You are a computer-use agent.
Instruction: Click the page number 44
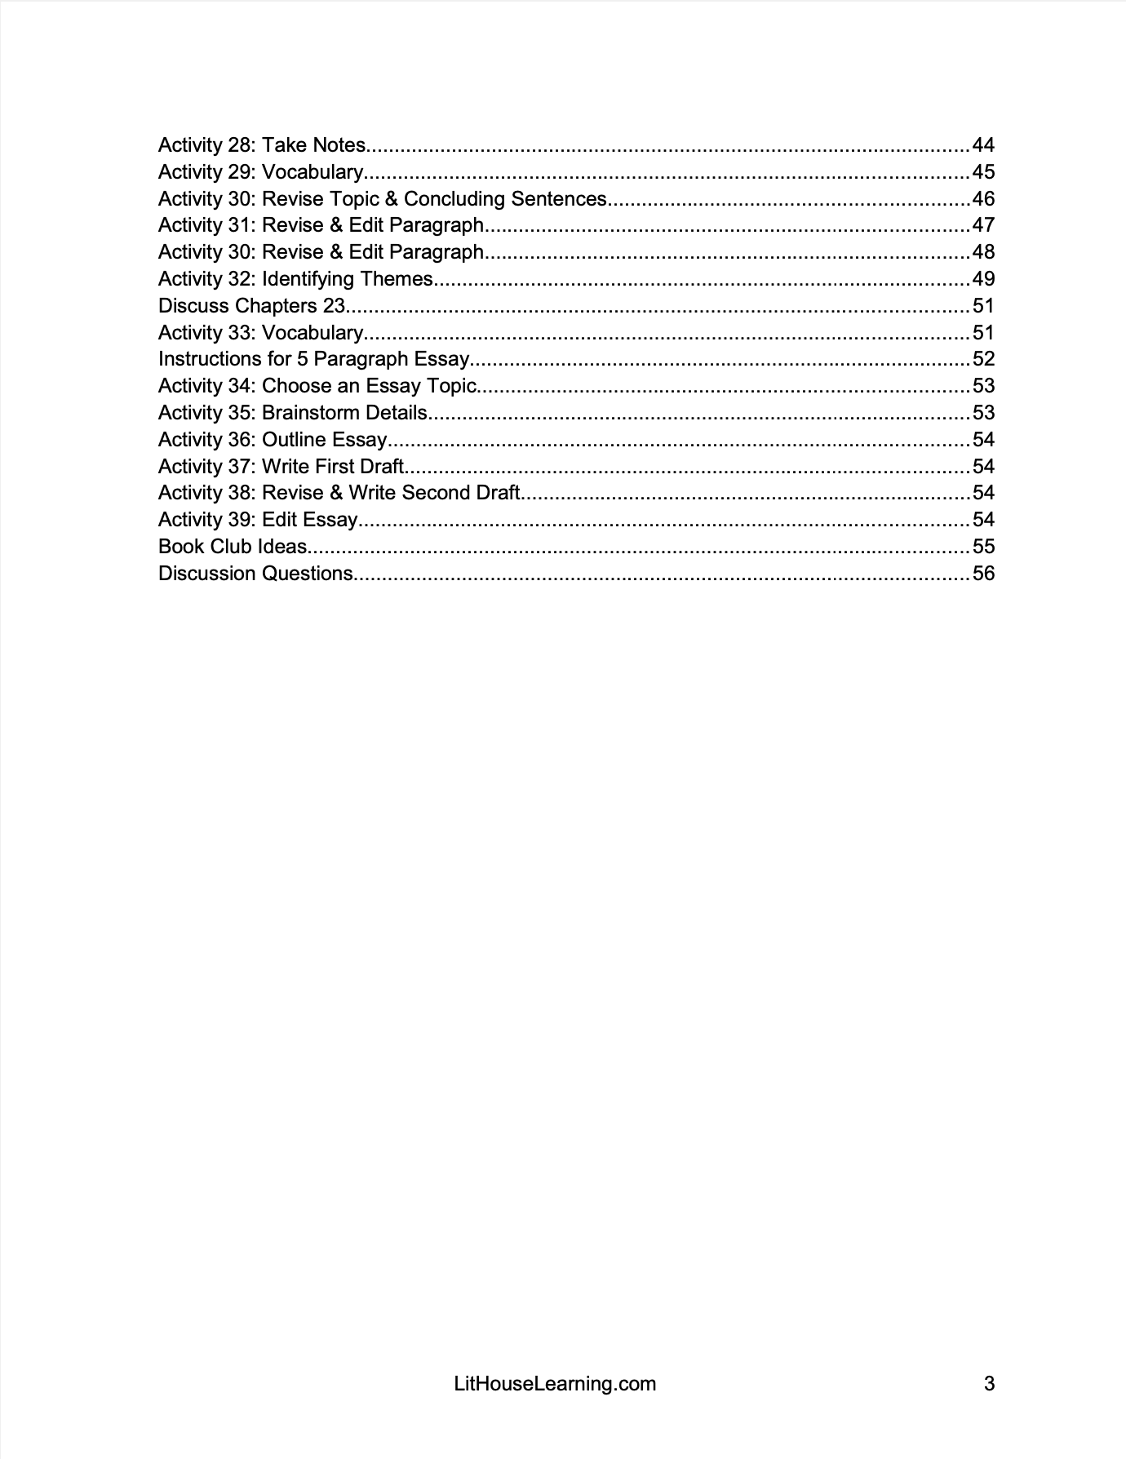click(x=983, y=145)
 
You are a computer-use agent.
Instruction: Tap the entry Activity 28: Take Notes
click(x=262, y=145)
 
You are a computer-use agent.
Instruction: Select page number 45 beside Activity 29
click(x=983, y=172)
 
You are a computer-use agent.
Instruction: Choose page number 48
click(x=983, y=252)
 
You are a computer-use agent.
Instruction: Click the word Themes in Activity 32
click(x=396, y=279)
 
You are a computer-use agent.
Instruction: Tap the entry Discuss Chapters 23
click(x=252, y=306)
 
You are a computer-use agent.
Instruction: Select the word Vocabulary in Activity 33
click(x=313, y=333)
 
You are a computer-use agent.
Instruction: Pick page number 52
click(x=983, y=359)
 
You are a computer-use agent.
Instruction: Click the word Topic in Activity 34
click(x=448, y=386)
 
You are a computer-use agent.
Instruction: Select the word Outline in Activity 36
click(x=294, y=440)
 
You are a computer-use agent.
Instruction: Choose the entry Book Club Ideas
click(x=233, y=547)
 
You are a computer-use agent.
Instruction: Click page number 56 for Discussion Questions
click(x=983, y=574)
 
